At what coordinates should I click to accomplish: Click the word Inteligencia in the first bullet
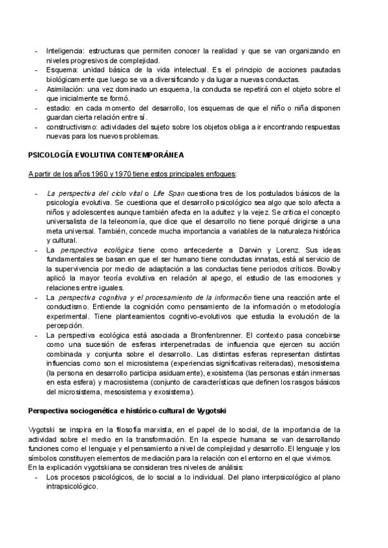[65, 50]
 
